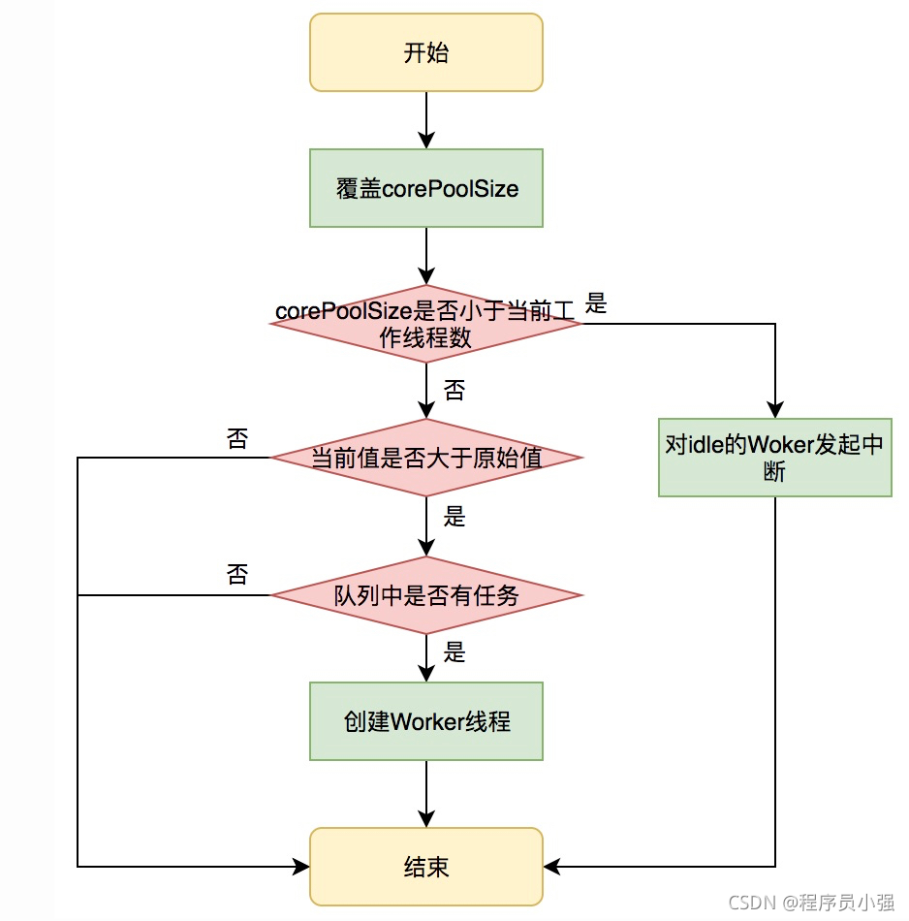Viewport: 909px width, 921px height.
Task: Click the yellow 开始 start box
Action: click(426, 52)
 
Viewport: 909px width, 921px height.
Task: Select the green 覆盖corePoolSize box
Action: click(426, 188)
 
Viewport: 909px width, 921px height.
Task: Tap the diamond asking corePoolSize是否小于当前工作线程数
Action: click(426, 324)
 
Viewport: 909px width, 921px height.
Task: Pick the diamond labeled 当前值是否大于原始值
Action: click(426, 458)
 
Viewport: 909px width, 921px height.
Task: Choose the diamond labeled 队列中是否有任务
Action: click(426, 595)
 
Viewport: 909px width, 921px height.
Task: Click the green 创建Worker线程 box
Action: click(426, 721)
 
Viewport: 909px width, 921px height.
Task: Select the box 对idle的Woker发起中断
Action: click(774, 458)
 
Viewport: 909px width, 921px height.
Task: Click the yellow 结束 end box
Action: click(426, 867)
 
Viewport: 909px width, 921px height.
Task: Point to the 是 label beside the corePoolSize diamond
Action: click(596, 303)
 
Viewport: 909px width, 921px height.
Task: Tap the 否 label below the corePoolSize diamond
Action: click(454, 391)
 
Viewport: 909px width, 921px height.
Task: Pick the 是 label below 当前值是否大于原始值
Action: click(454, 517)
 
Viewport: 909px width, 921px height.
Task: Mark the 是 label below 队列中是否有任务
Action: click(454, 652)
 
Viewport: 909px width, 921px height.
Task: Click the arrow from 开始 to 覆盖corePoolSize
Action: click(426, 120)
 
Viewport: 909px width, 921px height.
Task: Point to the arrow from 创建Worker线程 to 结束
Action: click(426, 793)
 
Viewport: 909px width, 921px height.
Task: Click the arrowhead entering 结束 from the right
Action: click(551, 867)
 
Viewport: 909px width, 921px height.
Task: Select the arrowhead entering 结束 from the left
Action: click(301, 867)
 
